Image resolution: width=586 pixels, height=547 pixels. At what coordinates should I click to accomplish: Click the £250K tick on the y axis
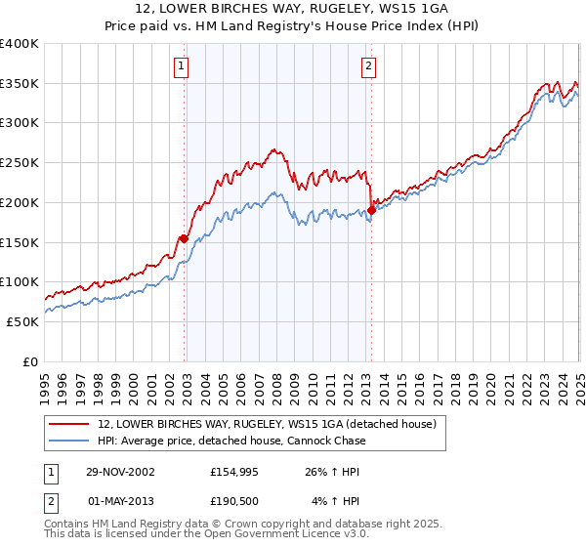20,163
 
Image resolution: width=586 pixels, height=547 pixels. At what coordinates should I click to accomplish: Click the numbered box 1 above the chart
183,66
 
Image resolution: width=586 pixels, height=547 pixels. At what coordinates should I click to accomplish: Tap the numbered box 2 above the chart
368,66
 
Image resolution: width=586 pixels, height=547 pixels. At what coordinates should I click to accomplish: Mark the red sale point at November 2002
184,238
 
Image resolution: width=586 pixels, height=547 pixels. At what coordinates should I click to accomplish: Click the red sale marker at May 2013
371,209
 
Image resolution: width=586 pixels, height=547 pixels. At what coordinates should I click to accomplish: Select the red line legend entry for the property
272,423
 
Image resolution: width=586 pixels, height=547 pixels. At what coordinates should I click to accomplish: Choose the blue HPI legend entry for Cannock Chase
231,441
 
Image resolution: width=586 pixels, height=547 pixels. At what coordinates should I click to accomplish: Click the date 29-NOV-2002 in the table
120,471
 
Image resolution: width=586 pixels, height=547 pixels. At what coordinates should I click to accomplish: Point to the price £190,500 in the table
235,501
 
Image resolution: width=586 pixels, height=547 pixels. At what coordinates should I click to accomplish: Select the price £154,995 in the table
235,471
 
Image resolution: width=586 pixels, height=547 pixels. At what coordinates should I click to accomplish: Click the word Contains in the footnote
67,525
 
